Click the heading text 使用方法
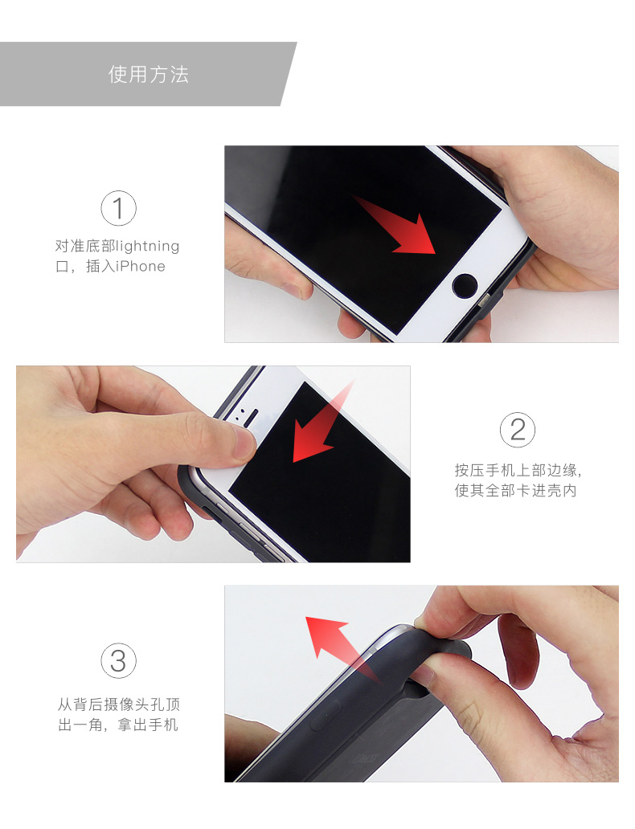point(149,75)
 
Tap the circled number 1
point(118,208)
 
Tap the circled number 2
point(518,430)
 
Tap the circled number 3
point(118,661)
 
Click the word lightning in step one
point(148,247)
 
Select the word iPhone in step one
point(140,267)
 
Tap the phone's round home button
point(465,286)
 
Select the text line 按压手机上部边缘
point(518,470)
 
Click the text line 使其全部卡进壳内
point(515,491)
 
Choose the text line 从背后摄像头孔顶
point(119,704)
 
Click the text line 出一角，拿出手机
point(118,725)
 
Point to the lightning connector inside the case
point(484,302)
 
